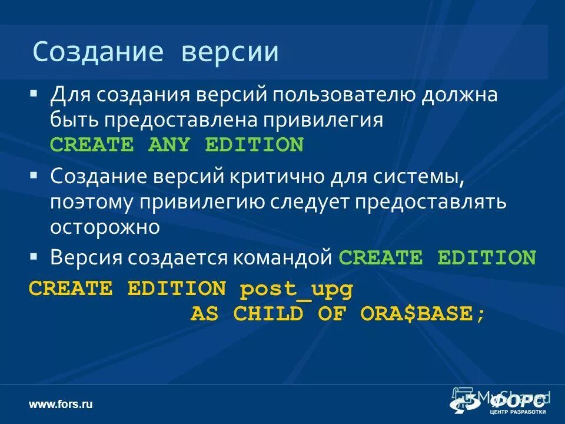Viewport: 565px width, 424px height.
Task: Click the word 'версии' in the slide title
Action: [x=230, y=52]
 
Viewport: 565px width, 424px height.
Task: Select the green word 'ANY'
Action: [x=169, y=144]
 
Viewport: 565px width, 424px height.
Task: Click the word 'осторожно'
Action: [x=105, y=227]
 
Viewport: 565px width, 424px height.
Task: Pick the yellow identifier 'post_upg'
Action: [x=296, y=289]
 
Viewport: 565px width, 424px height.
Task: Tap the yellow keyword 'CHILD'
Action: [x=268, y=314]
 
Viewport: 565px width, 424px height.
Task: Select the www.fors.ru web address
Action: [x=61, y=404]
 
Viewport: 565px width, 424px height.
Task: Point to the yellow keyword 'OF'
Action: [x=332, y=314]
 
